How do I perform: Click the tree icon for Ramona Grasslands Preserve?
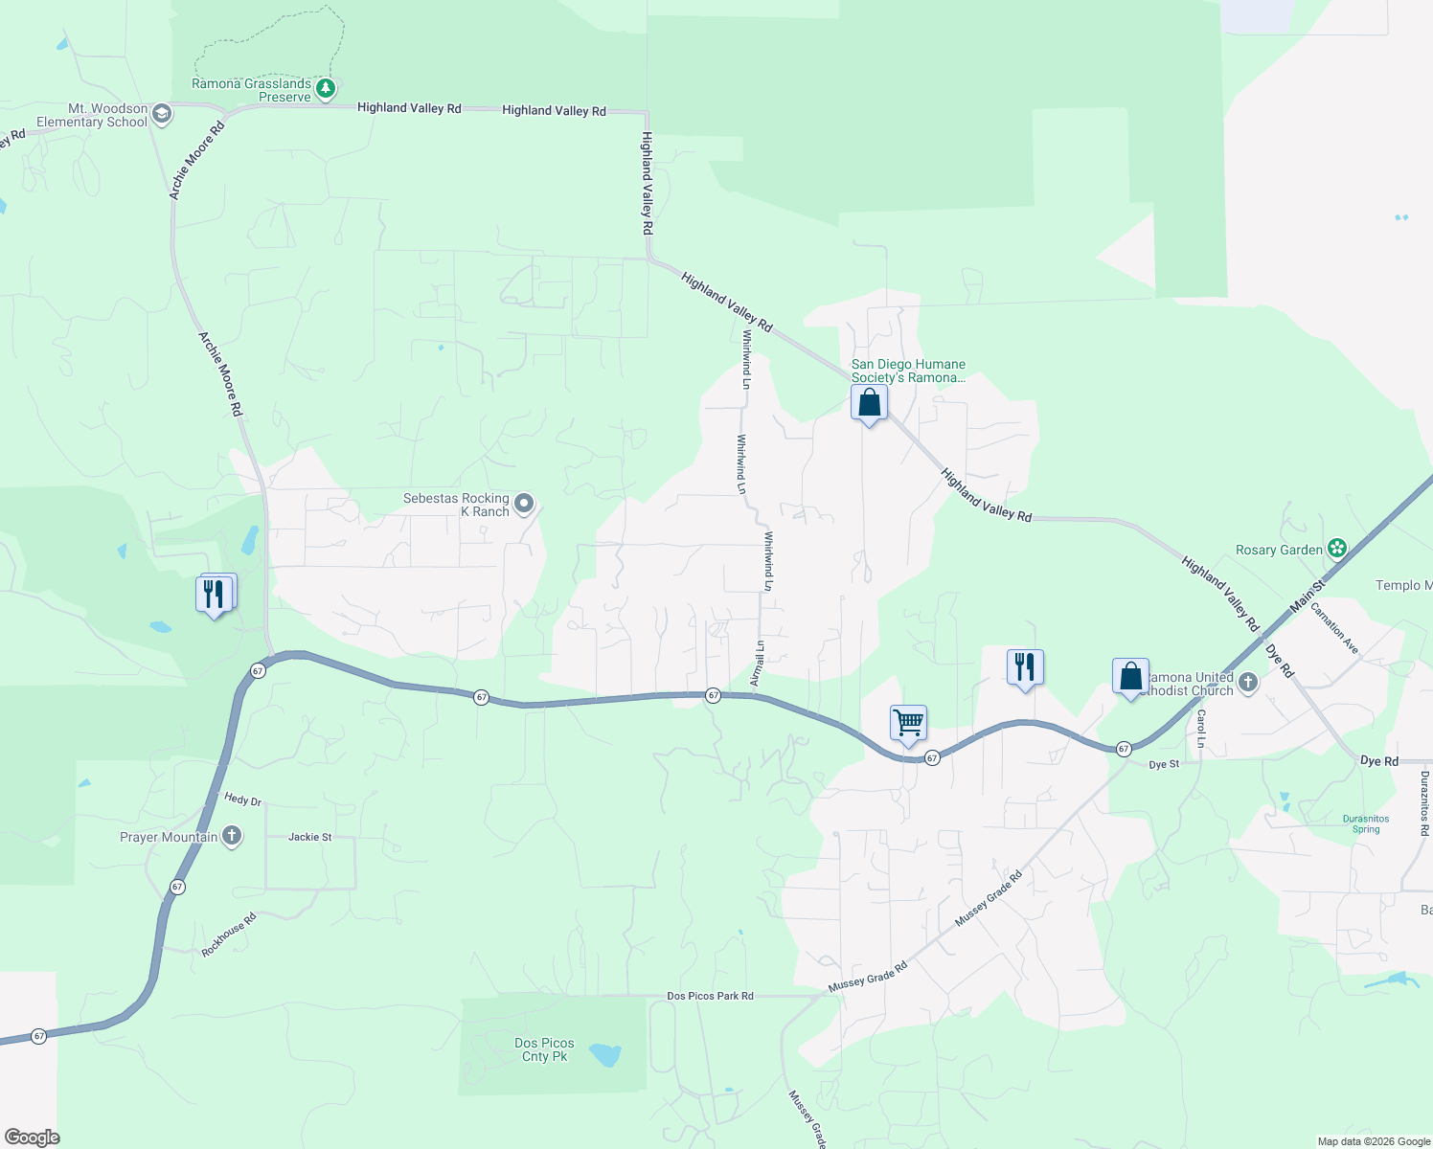(x=326, y=89)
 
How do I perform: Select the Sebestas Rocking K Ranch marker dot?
(x=524, y=503)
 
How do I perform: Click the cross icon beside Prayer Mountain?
(x=231, y=836)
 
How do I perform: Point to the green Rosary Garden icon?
(x=1336, y=549)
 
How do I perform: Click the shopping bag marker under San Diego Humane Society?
(x=869, y=403)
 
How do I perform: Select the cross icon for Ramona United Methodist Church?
(x=1247, y=683)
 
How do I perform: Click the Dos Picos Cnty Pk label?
(x=544, y=1049)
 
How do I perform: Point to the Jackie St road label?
(x=310, y=837)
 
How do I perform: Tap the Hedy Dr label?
(x=242, y=800)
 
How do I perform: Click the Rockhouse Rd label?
(x=229, y=935)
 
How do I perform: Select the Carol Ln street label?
(x=1201, y=729)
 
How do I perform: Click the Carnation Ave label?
(x=1334, y=627)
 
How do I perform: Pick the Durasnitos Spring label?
(x=1366, y=823)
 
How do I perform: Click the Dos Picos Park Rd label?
(x=710, y=996)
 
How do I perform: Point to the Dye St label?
(x=1164, y=764)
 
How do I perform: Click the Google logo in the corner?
(x=32, y=1138)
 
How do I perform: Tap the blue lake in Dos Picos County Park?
(x=605, y=1055)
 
